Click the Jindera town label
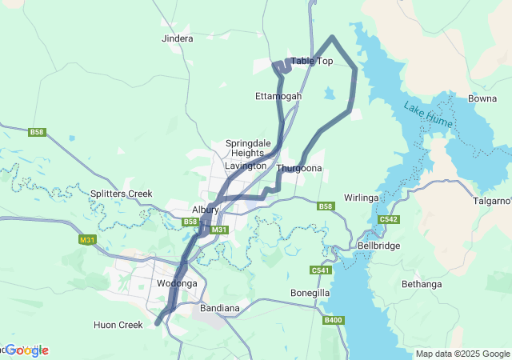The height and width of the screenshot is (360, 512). (177, 38)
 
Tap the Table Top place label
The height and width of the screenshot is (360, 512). (311, 61)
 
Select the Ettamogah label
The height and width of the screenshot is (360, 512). (278, 96)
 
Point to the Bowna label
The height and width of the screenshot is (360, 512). (482, 98)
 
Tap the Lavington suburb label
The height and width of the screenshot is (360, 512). (246, 166)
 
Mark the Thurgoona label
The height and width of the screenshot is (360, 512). (299, 169)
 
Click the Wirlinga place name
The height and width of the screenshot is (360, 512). (361, 198)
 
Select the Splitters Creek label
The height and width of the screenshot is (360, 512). (121, 194)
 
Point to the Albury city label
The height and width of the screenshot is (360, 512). (206, 209)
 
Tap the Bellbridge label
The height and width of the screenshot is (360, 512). (378, 246)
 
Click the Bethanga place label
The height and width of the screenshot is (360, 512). (422, 284)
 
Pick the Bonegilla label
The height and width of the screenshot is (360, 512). (310, 293)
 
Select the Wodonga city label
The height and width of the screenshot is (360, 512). (177, 283)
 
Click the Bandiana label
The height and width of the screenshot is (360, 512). (219, 308)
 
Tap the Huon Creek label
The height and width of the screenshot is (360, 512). (118, 325)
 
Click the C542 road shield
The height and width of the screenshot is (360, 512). (389, 219)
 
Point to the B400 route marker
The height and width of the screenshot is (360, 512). (334, 320)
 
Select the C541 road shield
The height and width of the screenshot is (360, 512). (321, 270)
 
